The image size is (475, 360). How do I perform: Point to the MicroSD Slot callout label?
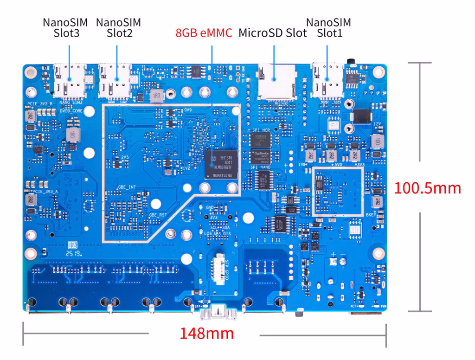coord(273,33)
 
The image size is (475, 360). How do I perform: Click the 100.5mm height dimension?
coord(427,188)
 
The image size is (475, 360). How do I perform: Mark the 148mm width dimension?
coord(207,333)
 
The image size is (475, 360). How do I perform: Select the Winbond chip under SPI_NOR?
coord(260,138)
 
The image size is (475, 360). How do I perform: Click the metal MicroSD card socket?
coord(276,82)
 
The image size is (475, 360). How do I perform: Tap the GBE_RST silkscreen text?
coord(157,215)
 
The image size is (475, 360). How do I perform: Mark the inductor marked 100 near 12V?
coord(378,141)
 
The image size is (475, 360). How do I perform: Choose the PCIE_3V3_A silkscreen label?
coord(45,191)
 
